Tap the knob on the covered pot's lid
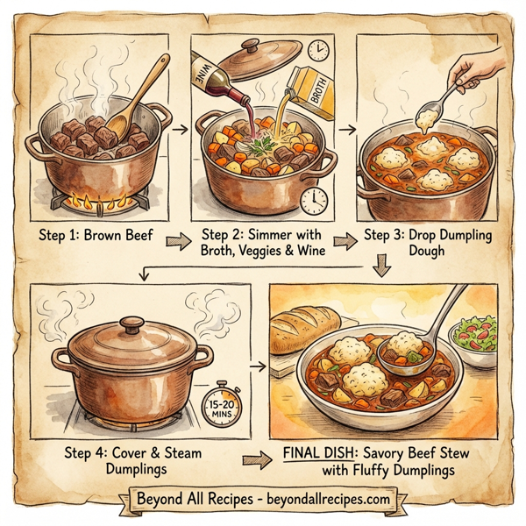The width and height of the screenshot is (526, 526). click(x=132, y=326)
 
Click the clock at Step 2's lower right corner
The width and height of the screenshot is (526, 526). click(x=312, y=201)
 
